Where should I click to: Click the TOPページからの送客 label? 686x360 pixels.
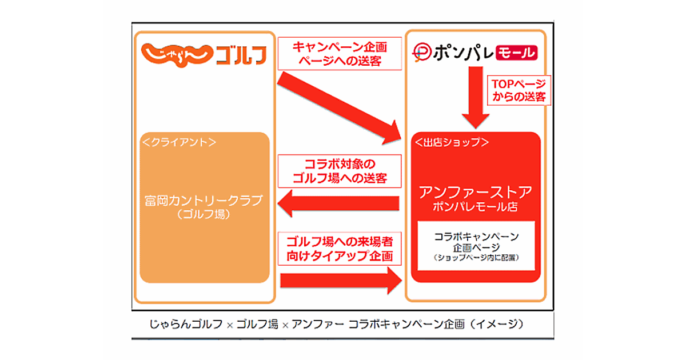point(519,90)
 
